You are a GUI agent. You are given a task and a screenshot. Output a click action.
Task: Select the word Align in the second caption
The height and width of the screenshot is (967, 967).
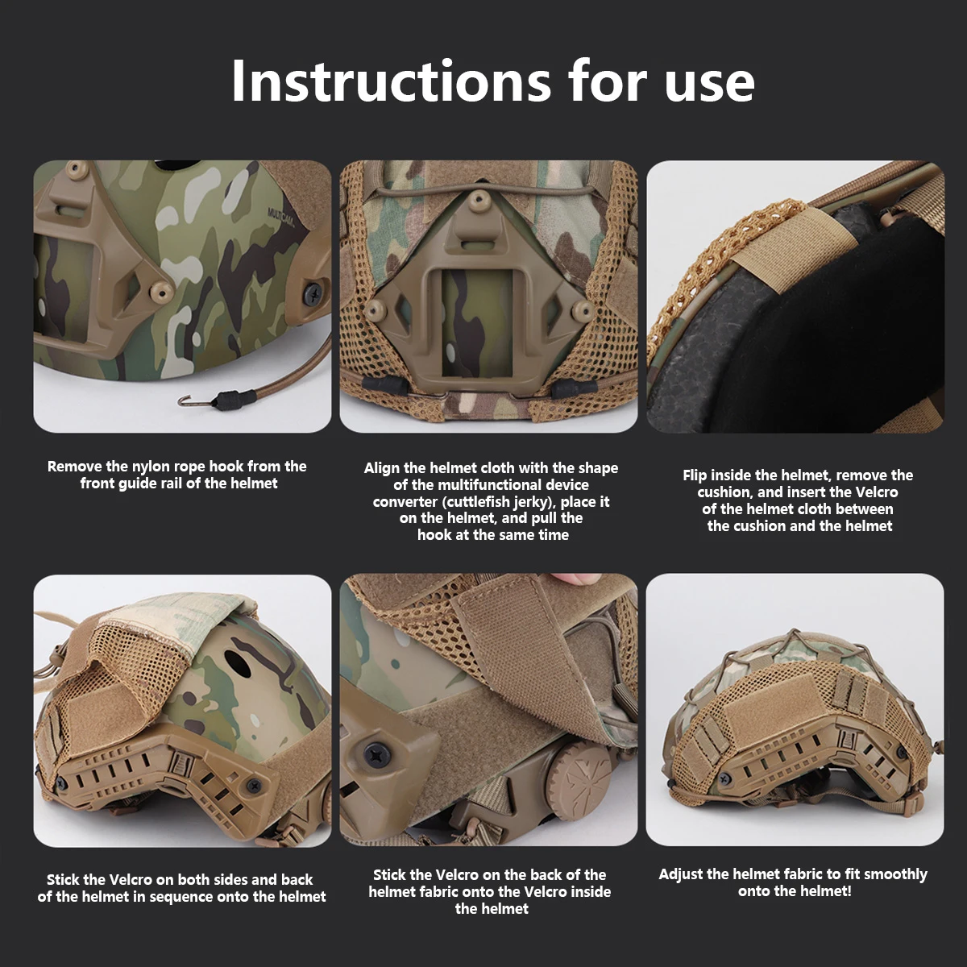coord(382,468)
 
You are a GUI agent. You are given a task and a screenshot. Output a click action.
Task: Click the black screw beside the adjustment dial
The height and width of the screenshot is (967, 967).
coord(377,755)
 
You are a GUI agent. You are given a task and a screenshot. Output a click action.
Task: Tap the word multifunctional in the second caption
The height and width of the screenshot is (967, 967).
coord(490,485)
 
